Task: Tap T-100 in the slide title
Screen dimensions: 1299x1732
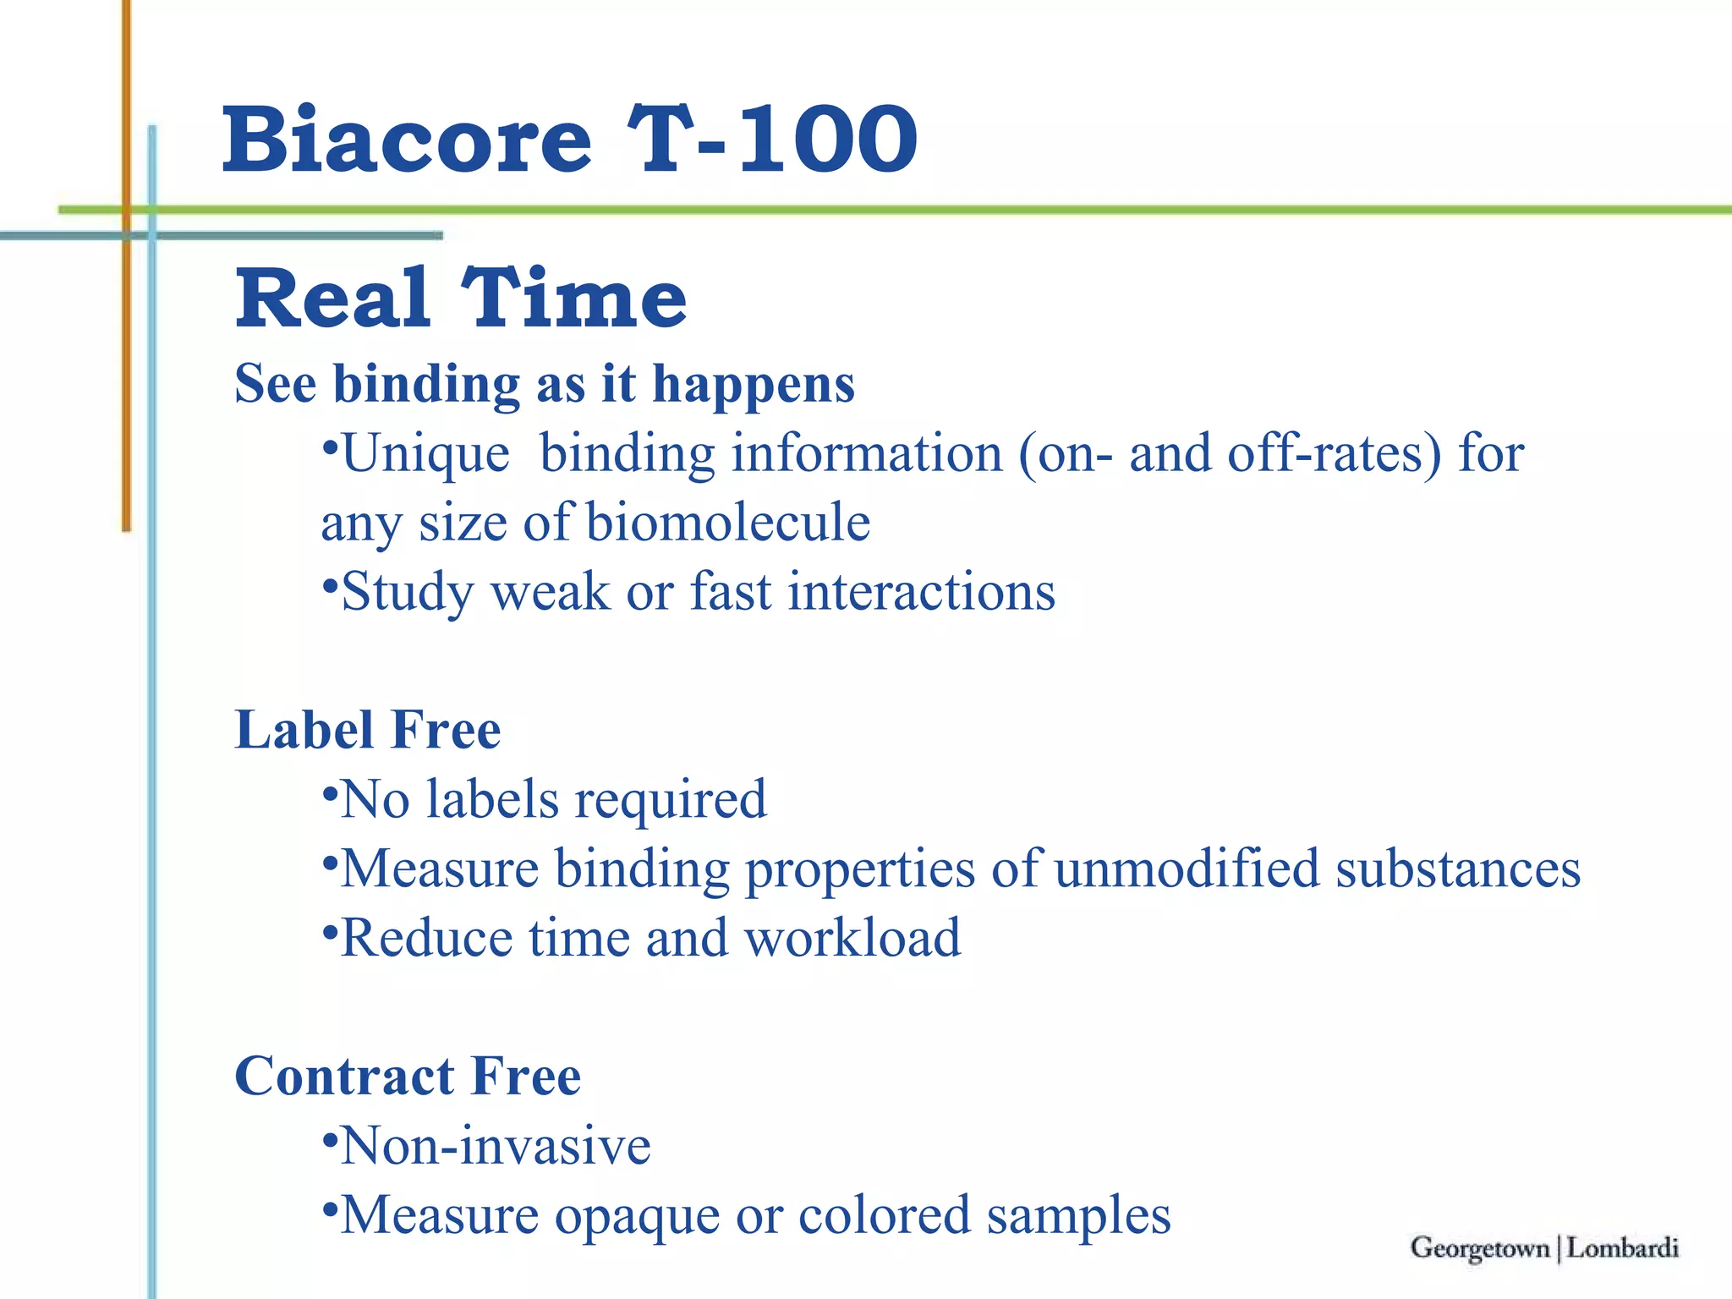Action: [x=771, y=140]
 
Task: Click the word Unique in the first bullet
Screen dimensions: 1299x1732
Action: [x=425, y=454]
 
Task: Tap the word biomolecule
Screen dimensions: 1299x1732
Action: [x=728, y=523]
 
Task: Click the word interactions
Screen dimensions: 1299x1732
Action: [x=922, y=592]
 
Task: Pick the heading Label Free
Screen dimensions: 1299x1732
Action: [x=368, y=731]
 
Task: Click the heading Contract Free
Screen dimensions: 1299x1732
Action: [x=408, y=1077]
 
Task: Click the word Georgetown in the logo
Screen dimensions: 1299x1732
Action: [x=1480, y=1248]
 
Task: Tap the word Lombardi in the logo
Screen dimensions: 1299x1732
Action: [x=1622, y=1248]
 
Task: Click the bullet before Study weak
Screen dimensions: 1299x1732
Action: [x=331, y=583]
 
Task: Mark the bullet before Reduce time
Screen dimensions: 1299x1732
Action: [x=331, y=929]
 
